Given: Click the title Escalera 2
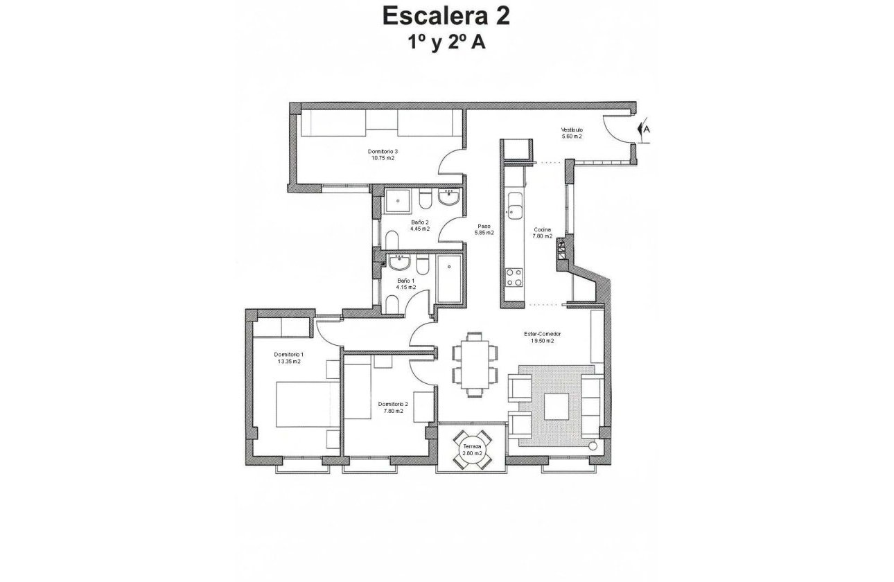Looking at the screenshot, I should point(446,16).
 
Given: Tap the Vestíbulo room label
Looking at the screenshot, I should point(572,130).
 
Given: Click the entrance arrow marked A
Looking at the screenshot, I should point(644,129).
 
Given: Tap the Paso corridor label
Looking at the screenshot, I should point(484,227).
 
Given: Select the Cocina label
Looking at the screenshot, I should point(542,230).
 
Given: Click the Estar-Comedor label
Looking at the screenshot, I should point(542,334).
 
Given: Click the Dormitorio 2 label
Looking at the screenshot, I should point(393,404).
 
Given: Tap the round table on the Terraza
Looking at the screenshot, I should point(472,449).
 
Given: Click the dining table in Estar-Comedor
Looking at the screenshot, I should point(475,364).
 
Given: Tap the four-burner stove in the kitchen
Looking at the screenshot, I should point(515,277).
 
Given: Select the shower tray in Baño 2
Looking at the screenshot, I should point(399,200).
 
